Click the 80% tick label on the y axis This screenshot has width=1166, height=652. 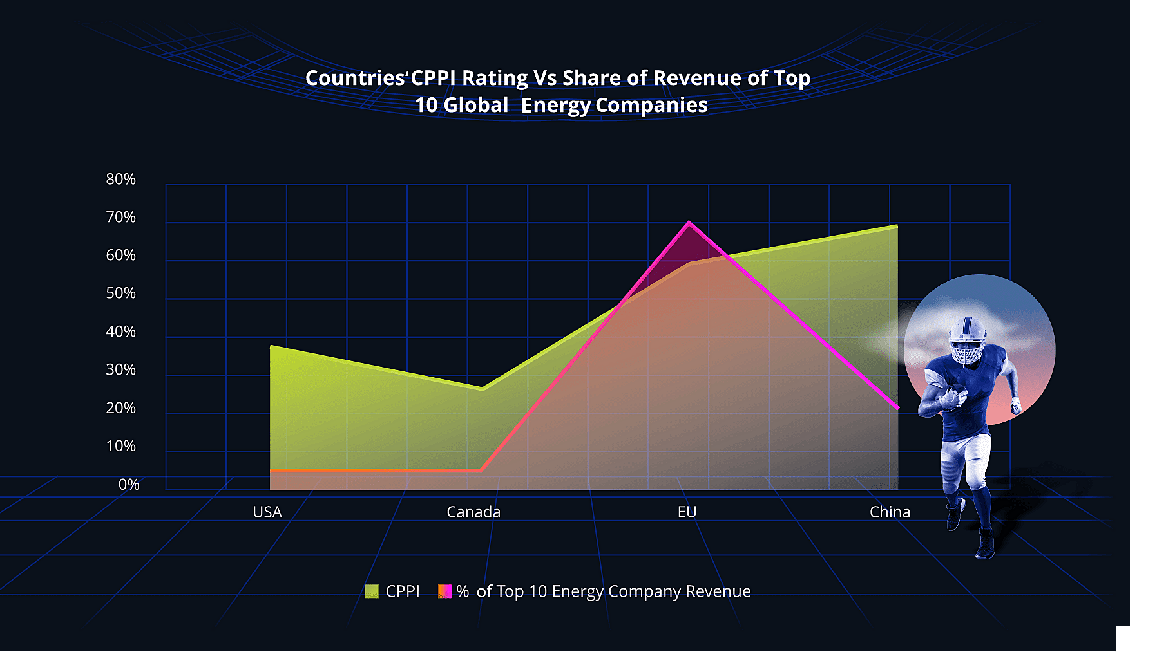pos(121,179)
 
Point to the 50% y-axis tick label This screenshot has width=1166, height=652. pos(121,293)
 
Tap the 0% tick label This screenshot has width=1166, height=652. pos(129,485)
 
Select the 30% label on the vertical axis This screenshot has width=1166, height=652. pos(121,370)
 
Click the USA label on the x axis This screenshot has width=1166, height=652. pos(267,512)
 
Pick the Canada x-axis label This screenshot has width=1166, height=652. pos(473,512)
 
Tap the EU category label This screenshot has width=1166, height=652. pos(687,512)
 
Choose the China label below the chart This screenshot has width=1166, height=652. pos(890,512)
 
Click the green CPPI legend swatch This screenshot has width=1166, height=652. pos(372,591)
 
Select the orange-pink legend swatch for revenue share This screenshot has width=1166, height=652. pos(445,591)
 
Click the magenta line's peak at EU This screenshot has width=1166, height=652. pos(689,223)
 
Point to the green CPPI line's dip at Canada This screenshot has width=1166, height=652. pos(483,389)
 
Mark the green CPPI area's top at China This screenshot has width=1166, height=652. pos(896,226)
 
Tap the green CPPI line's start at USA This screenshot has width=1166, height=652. pos(271,346)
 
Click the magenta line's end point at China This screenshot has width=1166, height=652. pos(897,408)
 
